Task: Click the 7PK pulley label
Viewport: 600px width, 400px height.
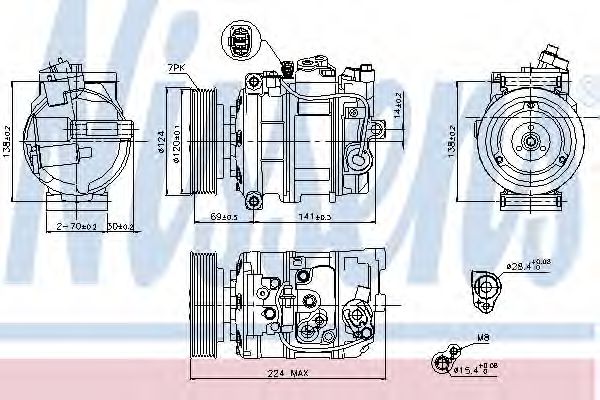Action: coord(176,67)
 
